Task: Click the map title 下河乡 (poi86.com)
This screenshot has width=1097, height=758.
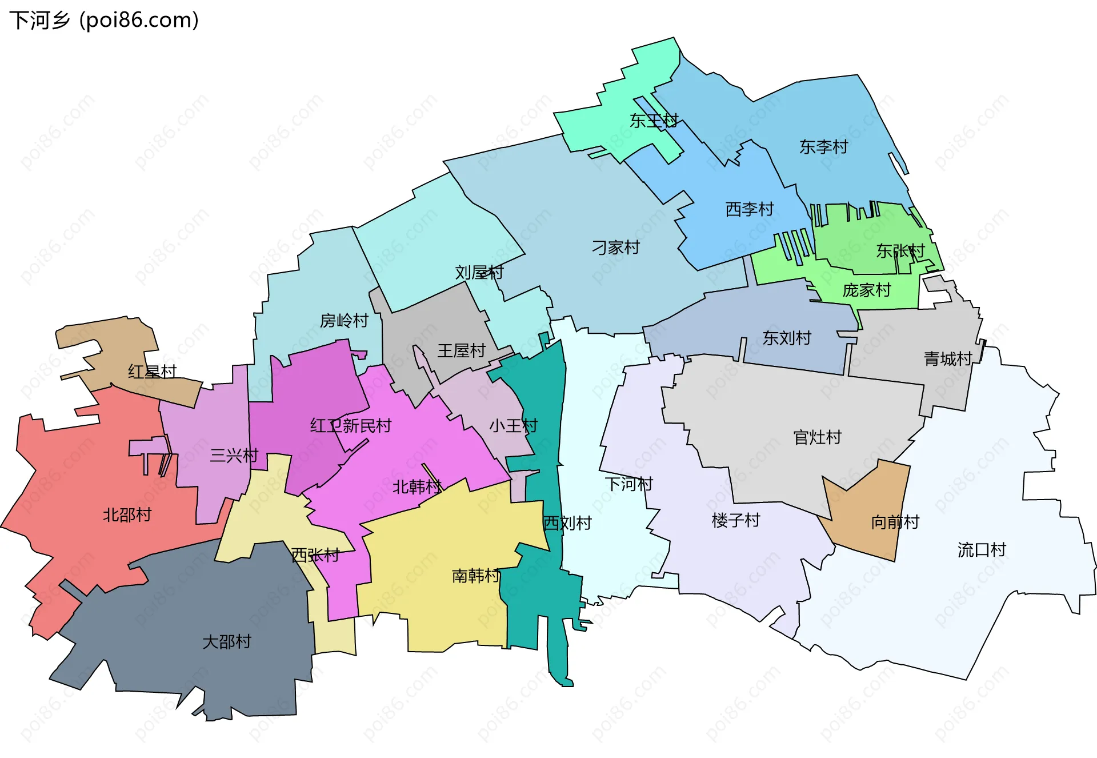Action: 104,20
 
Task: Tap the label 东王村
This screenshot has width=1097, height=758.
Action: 654,121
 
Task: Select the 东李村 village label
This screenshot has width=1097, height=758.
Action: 823,147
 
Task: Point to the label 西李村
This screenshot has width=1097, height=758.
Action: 749,209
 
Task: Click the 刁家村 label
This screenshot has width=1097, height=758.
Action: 615,248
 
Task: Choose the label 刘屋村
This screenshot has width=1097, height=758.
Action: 479,272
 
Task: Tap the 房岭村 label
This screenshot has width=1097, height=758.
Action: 343,321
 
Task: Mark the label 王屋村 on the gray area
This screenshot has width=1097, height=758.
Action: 461,350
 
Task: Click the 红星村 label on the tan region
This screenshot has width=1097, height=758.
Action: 152,372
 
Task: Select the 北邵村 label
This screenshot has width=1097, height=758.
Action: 127,515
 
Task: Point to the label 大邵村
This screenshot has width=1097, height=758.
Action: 227,641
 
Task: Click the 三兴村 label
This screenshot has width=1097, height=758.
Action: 234,456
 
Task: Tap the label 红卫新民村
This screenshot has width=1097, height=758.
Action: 350,425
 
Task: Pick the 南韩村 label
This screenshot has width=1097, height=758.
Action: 476,575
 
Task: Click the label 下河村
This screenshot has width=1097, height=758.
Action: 628,484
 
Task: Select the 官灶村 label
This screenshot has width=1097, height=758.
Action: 817,437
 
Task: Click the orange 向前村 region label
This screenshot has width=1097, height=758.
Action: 895,522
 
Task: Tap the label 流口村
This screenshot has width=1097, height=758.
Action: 981,550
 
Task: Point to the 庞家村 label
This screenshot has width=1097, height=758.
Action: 866,290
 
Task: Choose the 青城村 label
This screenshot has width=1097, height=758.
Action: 948,359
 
